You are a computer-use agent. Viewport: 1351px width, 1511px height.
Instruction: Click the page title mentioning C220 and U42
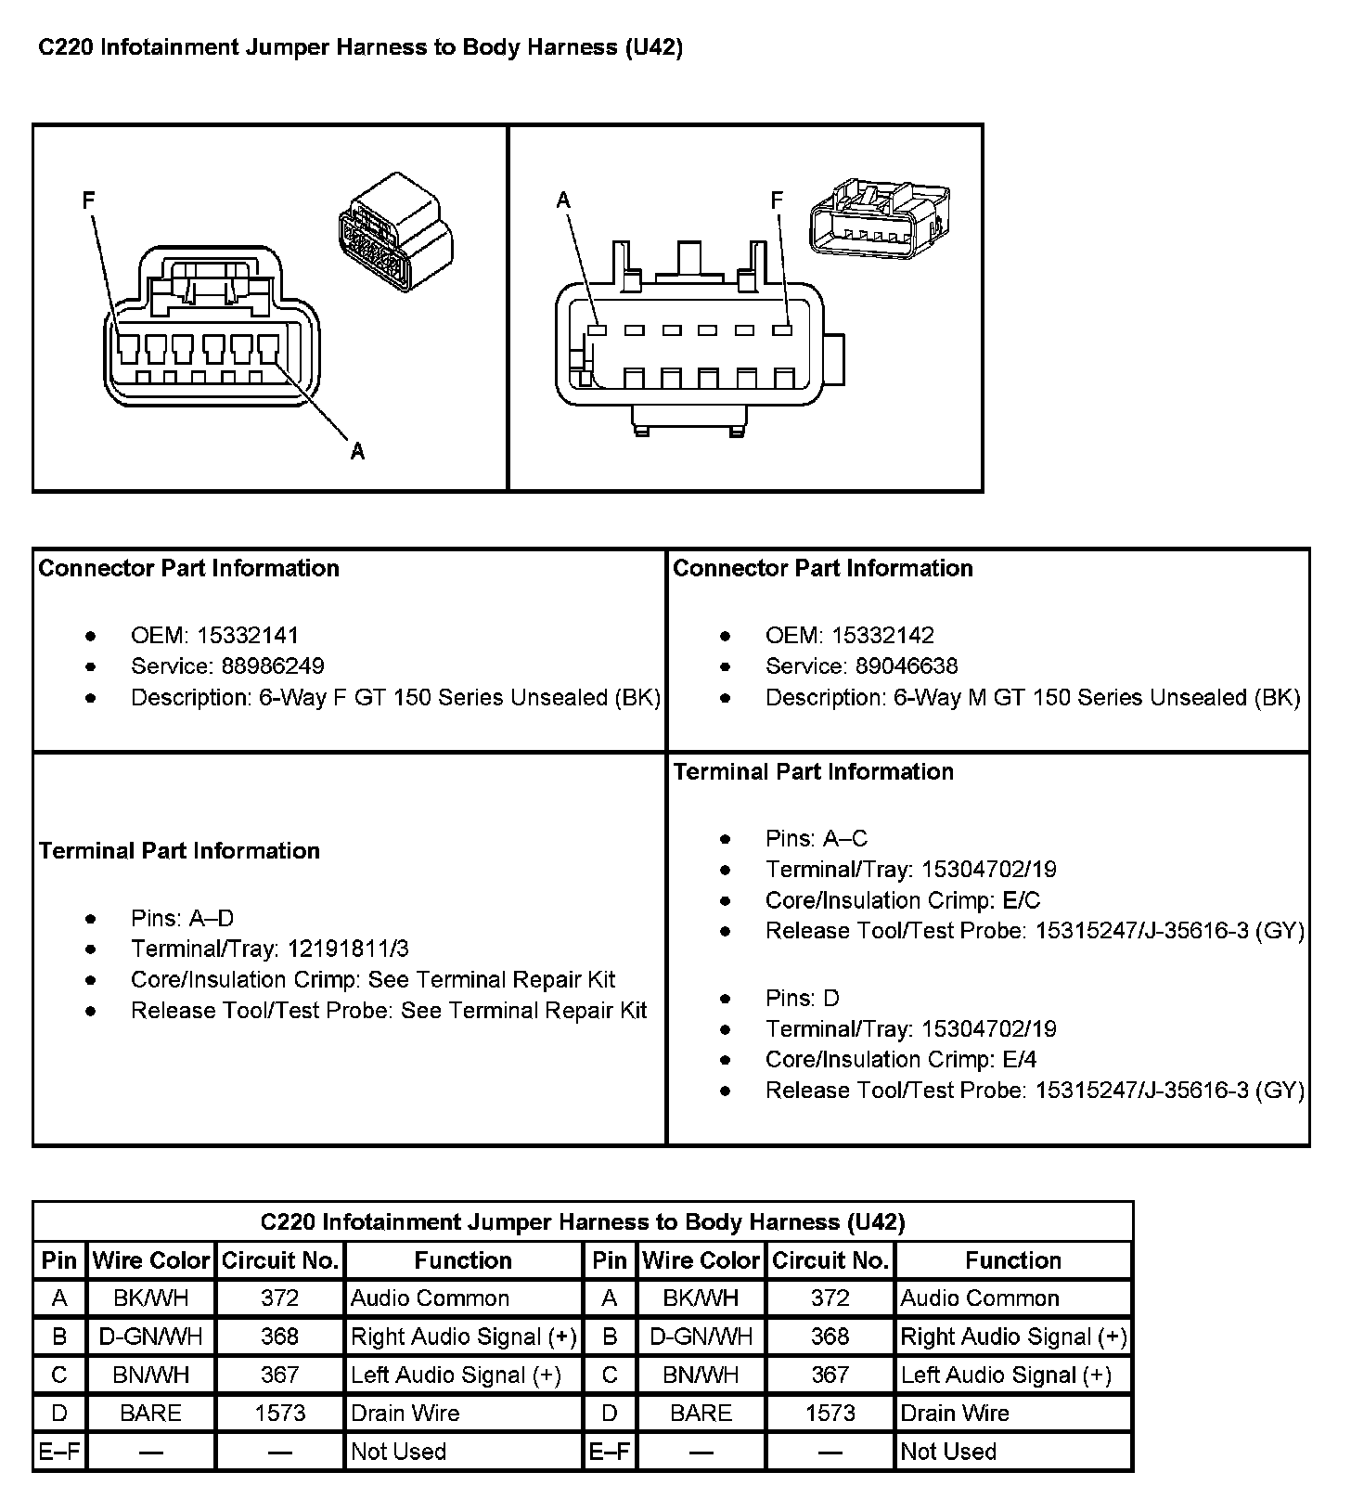tap(360, 47)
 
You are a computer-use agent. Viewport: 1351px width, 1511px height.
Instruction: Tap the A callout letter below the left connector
tap(357, 452)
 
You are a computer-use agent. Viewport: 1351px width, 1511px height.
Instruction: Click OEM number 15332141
tap(247, 635)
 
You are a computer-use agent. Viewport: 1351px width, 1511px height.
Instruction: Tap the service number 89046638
tap(907, 665)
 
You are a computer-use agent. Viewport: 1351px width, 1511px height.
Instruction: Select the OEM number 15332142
tap(882, 635)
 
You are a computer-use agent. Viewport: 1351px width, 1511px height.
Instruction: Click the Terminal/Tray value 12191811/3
tap(348, 949)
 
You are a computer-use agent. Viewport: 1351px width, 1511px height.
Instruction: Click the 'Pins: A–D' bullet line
tap(183, 918)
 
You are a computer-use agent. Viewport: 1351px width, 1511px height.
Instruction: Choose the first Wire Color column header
tap(151, 1260)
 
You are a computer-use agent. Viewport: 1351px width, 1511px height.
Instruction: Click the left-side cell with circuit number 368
tap(279, 1337)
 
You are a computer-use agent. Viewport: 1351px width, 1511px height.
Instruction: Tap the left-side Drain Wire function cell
tap(405, 1413)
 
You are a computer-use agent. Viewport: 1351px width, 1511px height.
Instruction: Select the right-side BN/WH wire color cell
tap(701, 1375)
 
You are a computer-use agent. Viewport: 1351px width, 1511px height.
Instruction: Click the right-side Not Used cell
tap(948, 1452)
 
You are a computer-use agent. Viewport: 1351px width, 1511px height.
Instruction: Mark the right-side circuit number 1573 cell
tap(830, 1413)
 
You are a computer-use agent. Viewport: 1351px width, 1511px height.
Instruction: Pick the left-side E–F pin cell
tap(59, 1452)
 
